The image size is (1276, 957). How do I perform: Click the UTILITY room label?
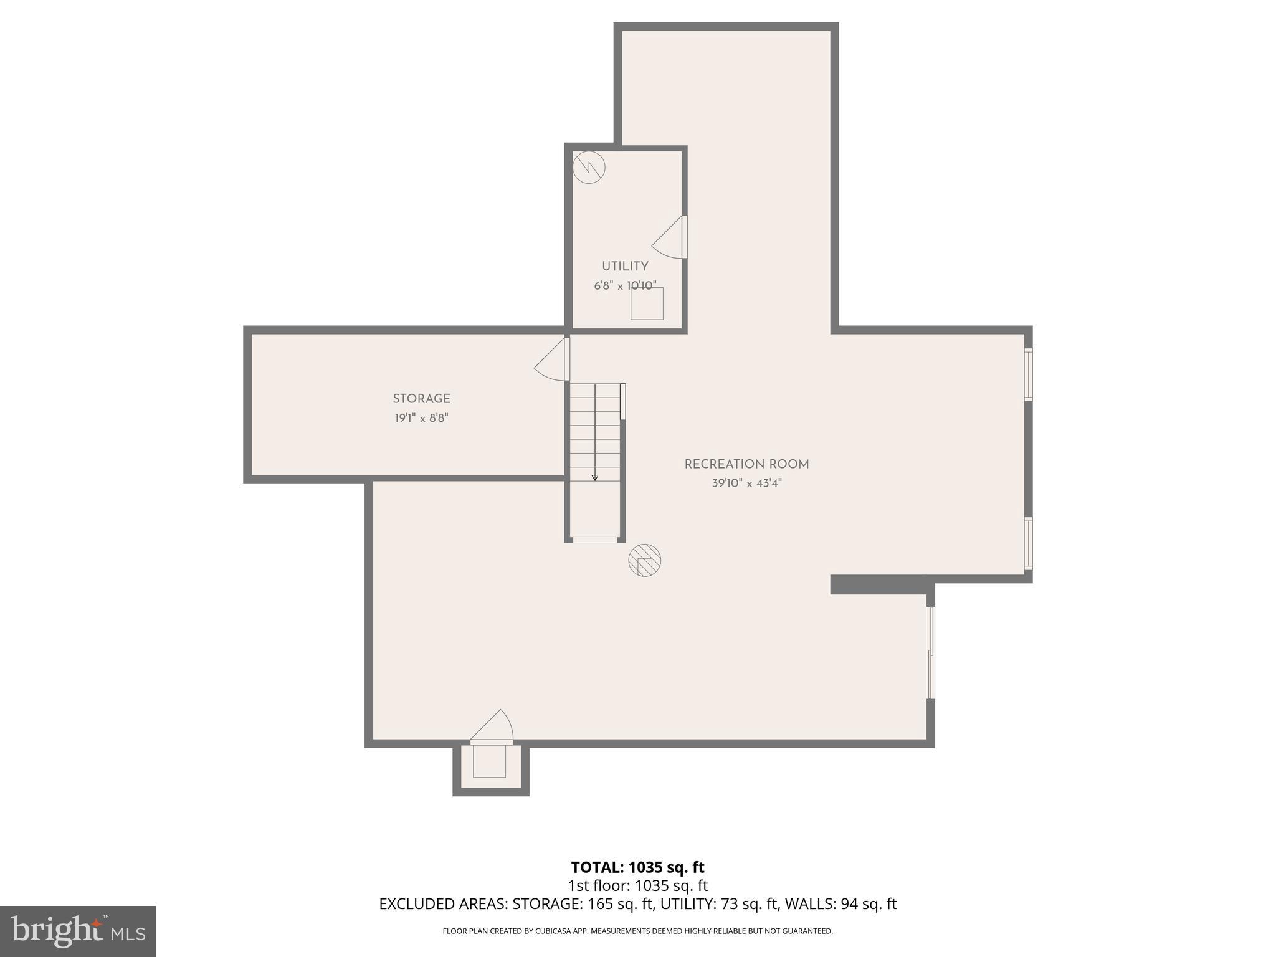625,266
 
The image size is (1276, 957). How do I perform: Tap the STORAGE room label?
421,399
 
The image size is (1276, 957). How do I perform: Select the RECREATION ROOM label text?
746,464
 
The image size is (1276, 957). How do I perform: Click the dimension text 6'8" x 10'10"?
625,286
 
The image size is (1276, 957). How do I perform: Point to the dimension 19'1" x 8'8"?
421,418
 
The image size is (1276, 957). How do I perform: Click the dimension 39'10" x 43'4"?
746,483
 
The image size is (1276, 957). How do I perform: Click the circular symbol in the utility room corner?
589,167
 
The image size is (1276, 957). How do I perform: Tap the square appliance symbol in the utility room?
647,303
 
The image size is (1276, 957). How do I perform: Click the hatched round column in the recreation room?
645,560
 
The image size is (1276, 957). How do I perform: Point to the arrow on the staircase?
595,477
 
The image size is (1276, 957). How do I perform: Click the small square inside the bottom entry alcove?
489,761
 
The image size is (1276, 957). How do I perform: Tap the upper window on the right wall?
1028,374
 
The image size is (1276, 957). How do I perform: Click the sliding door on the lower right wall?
931,652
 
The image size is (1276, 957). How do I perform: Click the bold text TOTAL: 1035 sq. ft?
637,867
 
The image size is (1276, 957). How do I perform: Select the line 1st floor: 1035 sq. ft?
637,885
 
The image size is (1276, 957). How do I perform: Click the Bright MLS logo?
77,931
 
